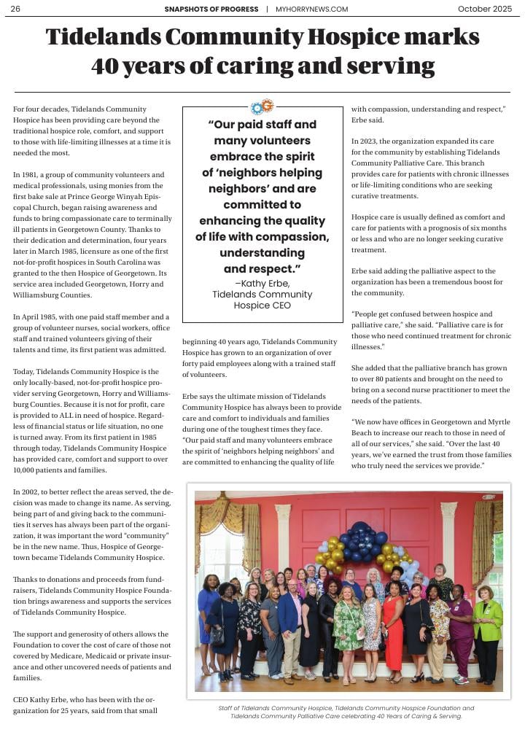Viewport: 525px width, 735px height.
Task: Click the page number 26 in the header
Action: coord(15,9)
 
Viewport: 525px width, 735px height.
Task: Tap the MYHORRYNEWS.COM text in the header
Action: coord(311,9)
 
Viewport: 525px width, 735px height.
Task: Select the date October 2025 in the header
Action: coord(485,9)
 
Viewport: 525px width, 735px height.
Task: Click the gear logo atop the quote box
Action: coord(262,106)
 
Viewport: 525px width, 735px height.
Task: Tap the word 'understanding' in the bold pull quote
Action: coord(262,253)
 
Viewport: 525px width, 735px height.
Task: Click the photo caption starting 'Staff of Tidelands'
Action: coord(346,712)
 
